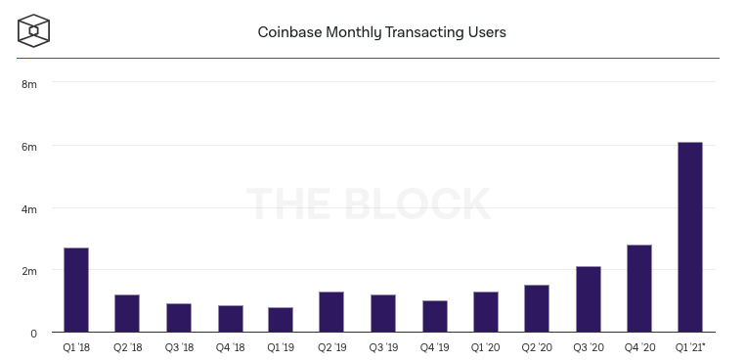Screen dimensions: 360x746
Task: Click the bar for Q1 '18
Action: point(76,291)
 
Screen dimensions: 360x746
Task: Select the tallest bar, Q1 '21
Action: point(689,238)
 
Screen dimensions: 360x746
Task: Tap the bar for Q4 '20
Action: point(638,289)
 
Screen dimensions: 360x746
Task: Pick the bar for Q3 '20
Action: point(588,299)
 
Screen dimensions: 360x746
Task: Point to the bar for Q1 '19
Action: point(281,320)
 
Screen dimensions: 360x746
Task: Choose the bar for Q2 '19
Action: point(331,312)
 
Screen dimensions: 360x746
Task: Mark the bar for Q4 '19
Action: point(434,317)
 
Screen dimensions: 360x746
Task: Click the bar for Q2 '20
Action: point(537,309)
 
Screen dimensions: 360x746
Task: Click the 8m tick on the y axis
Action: point(29,84)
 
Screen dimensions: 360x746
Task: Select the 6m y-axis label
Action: point(29,147)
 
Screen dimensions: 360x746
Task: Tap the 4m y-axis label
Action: point(29,209)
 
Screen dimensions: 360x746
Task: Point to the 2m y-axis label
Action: point(29,271)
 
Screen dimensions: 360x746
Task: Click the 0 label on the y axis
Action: point(33,334)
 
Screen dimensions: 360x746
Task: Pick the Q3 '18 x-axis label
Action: point(178,347)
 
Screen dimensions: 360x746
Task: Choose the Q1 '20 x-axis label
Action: point(486,347)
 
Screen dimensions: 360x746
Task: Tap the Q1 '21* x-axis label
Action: point(690,347)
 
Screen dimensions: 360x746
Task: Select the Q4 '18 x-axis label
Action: point(230,347)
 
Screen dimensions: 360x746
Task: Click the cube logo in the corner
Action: point(34,30)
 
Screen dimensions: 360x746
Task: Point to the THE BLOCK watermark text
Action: point(368,203)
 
